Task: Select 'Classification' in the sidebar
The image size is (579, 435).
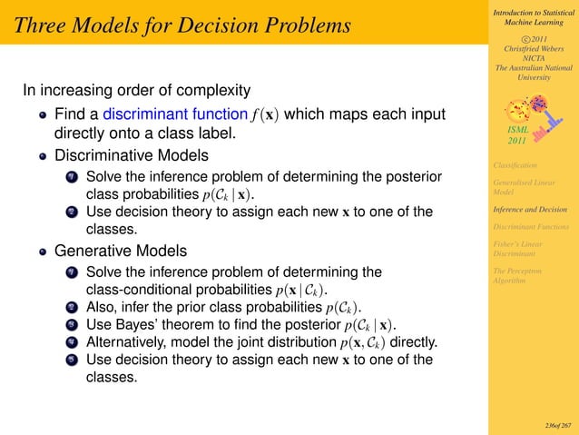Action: tap(515, 164)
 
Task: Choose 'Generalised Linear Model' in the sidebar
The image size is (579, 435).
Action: tap(527, 186)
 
